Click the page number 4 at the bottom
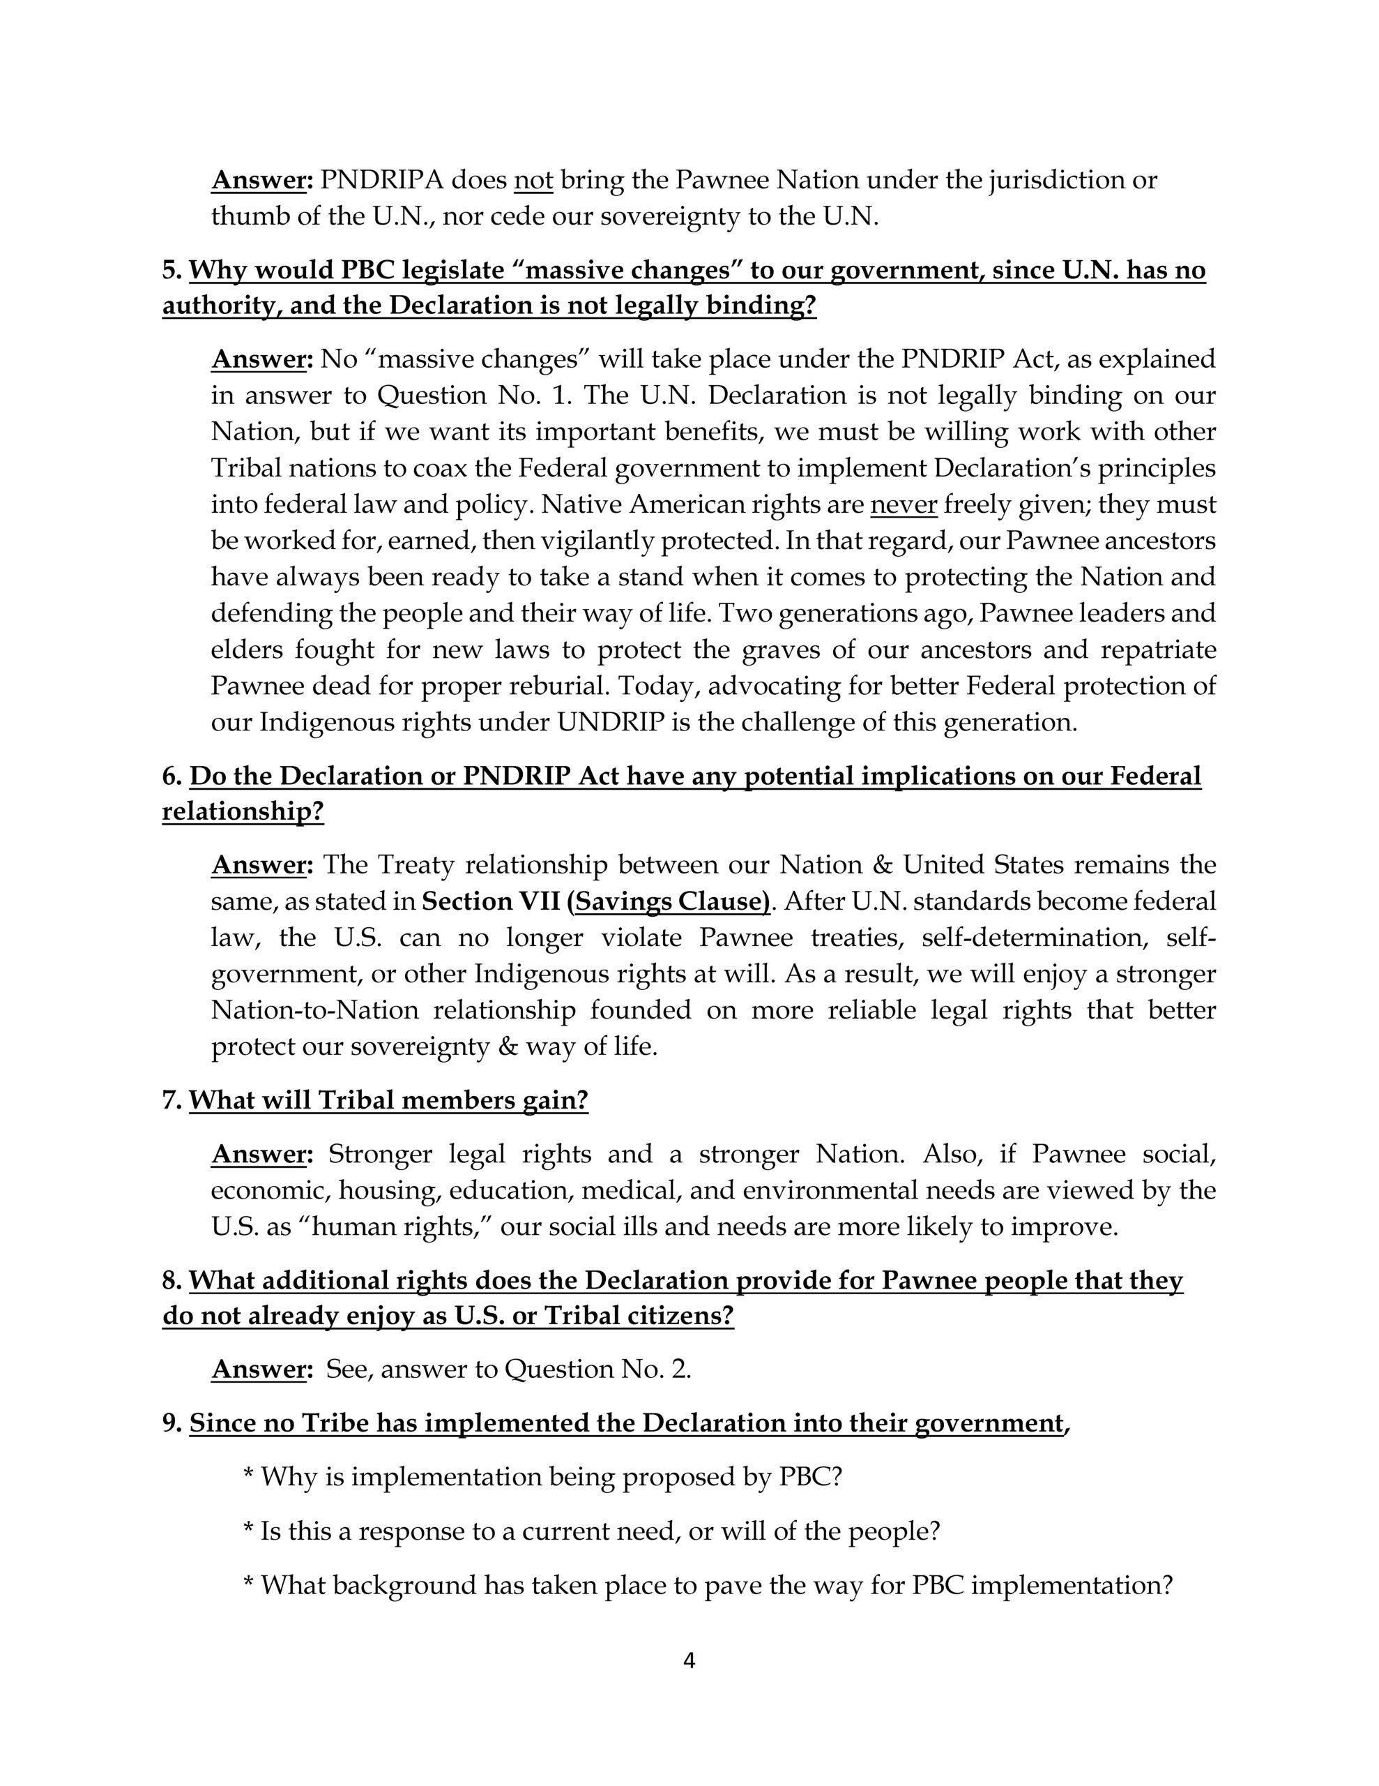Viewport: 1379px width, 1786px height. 688,1660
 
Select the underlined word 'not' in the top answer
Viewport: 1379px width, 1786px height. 533,179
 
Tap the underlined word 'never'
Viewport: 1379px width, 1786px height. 904,504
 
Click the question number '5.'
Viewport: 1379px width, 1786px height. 172,270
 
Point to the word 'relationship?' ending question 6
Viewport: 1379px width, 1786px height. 243,811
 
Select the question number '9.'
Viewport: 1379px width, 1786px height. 172,1424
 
